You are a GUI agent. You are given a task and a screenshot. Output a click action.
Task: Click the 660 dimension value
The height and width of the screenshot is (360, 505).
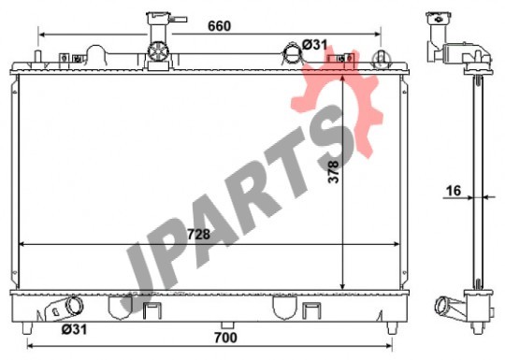[219, 26]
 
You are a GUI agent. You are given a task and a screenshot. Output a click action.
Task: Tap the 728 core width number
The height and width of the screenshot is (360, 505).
[198, 235]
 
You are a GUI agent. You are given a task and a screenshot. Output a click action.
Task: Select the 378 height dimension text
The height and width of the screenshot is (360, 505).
[333, 172]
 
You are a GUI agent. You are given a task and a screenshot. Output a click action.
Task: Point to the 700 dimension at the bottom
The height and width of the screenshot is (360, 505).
[225, 338]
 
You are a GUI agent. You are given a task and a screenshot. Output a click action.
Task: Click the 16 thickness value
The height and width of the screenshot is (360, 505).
[454, 191]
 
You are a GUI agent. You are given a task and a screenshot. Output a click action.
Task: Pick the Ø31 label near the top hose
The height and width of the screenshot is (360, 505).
[314, 45]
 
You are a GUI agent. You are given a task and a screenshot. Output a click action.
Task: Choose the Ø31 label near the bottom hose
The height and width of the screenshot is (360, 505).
[74, 329]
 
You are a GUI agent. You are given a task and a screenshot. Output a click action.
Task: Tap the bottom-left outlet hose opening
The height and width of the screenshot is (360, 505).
[75, 305]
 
